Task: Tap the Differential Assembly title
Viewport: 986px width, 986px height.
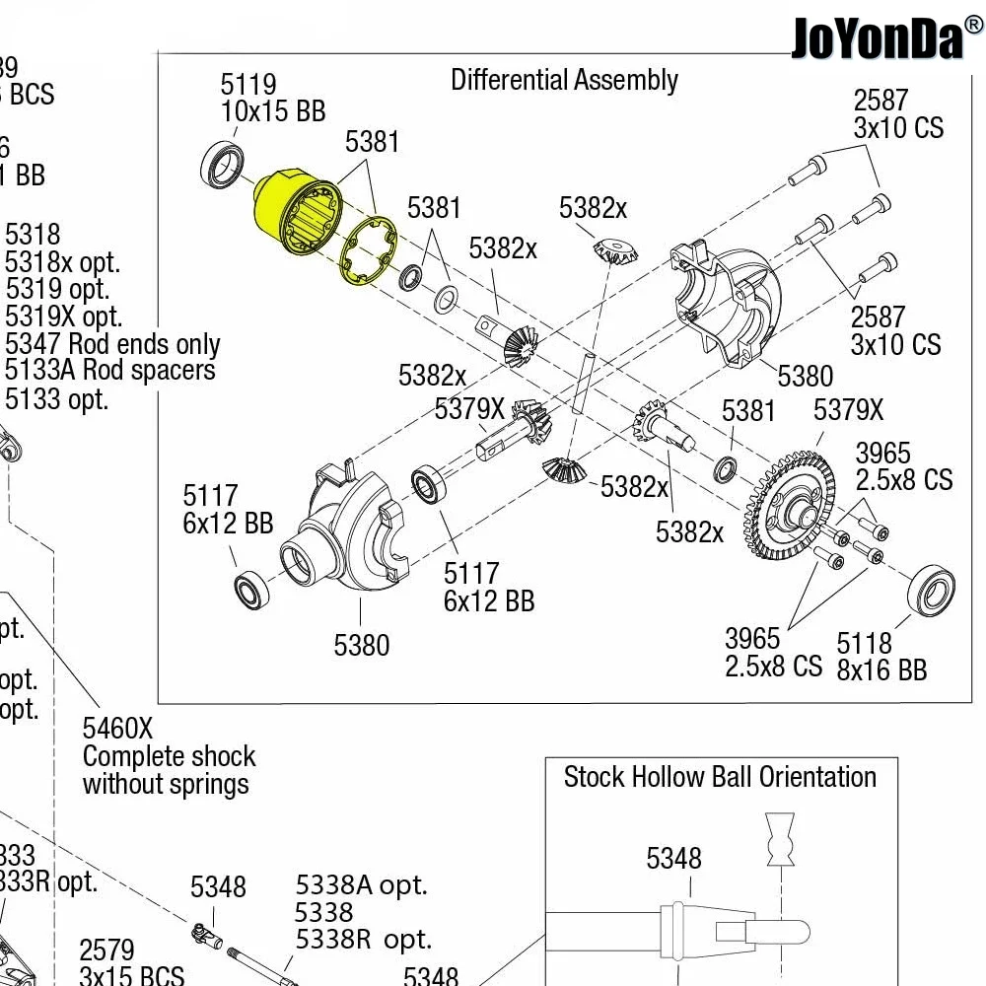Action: click(x=564, y=80)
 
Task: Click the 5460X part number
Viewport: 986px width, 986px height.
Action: click(x=117, y=729)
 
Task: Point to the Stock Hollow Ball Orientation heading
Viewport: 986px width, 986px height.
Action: click(x=720, y=777)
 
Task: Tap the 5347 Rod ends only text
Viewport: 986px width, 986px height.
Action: click(x=112, y=345)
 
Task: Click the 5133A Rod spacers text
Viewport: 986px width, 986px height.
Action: click(x=110, y=372)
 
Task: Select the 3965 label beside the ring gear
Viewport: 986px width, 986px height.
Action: click(x=903, y=466)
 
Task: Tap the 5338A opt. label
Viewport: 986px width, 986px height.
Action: click(x=361, y=885)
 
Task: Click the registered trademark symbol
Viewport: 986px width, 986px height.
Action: click(x=972, y=24)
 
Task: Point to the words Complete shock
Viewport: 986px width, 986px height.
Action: click(x=169, y=757)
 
